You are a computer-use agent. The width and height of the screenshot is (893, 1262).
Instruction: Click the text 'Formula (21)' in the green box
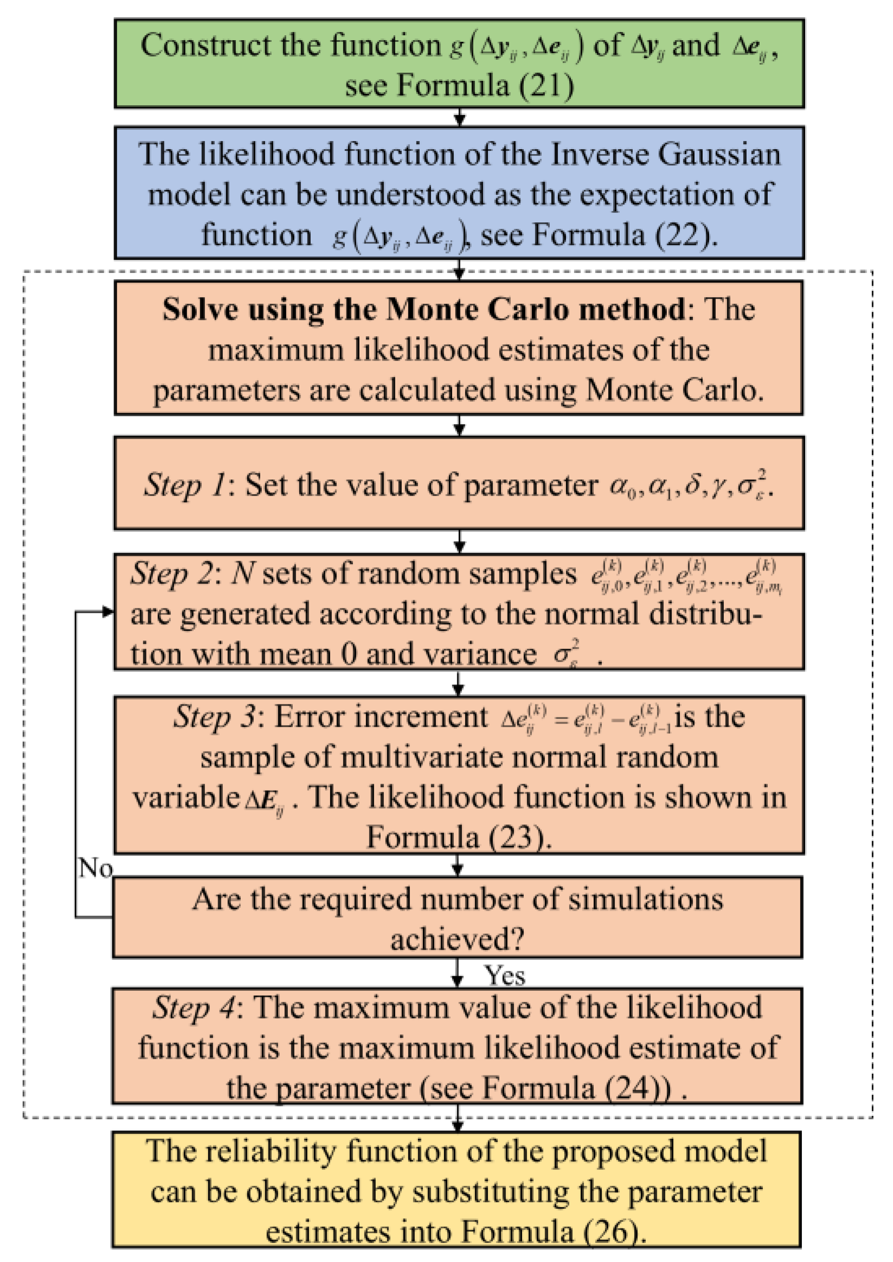click(485, 86)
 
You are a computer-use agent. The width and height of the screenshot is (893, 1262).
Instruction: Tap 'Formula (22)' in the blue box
click(624, 235)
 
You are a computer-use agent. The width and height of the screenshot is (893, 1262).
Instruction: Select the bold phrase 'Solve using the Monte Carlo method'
click(423, 310)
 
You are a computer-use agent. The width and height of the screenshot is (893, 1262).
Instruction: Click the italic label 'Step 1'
click(184, 485)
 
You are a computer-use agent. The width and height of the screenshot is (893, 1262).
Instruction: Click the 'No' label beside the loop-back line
click(95, 868)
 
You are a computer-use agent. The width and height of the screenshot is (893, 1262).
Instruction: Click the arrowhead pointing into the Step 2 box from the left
click(108, 612)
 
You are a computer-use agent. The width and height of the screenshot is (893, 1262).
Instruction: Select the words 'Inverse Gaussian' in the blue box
click(665, 155)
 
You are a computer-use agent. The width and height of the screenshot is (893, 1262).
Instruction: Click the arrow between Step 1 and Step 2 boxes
click(460, 542)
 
